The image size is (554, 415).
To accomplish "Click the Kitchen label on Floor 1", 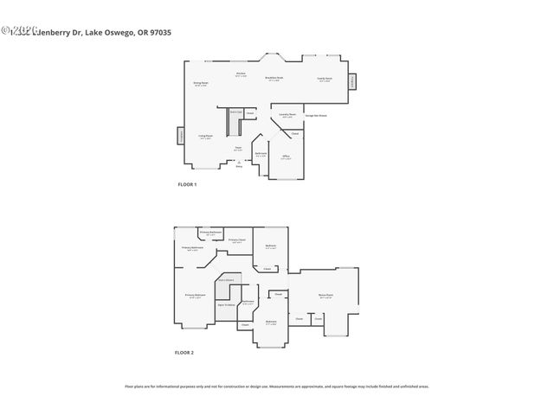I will [x=242, y=75].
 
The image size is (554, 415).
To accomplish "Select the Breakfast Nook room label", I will [x=275, y=78].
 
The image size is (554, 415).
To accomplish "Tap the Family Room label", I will [x=324, y=79].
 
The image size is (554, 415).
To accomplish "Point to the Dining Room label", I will [x=200, y=84].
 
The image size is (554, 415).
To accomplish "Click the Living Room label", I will [x=206, y=137].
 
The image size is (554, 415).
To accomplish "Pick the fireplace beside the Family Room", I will [x=352, y=81].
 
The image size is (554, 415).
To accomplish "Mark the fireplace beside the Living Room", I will [x=181, y=136].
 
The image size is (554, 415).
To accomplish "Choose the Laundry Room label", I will [x=287, y=115].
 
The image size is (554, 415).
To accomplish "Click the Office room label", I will [x=286, y=157].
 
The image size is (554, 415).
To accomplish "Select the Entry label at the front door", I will [x=239, y=165].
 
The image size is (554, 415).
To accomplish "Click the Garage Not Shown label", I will [x=315, y=115].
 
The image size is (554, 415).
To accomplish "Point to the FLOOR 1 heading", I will [x=186, y=185].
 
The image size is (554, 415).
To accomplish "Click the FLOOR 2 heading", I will [x=184, y=353].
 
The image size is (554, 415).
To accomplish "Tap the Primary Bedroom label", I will [x=195, y=296].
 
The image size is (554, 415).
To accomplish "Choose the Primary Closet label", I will [x=236, y=240].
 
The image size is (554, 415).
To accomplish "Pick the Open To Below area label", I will [x=228, y=305].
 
